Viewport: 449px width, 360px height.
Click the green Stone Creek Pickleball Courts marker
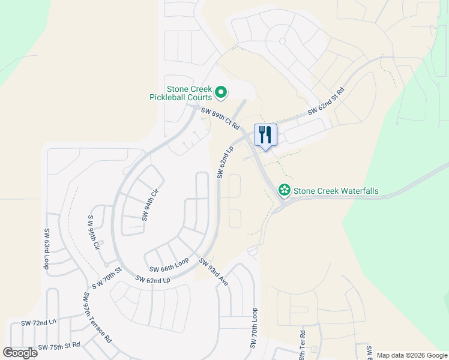click(x=221, y=92)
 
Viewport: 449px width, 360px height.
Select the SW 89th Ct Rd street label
click(x=220, y=119)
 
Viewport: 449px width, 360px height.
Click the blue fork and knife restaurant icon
click(x=265, y=135)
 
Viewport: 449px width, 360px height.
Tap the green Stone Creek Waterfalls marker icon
click(x=285, y=191)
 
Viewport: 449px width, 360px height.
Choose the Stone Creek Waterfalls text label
click(x=336, y=191)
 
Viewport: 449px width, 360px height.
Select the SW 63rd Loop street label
click(x=46, y=248)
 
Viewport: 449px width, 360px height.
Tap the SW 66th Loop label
click(x=169, y=265)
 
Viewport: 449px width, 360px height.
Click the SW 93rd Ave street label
click(x=214, y=272)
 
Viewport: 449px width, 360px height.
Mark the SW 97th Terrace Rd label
click(x=97, y=317)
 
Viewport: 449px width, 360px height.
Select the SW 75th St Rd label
click(x=59, y=347)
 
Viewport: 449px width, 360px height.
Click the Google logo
click(x=20, y=353)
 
